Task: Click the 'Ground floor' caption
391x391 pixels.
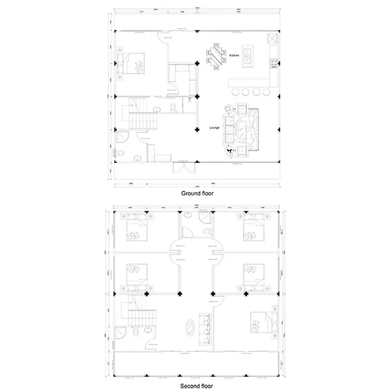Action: [196, 194]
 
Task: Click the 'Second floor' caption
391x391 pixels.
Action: [196, 386]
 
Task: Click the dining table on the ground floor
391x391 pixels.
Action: [216, 55]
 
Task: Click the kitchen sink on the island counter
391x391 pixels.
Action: [249, 52]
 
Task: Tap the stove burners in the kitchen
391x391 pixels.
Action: [275, 65]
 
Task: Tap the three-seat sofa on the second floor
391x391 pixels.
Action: [205, 325]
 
